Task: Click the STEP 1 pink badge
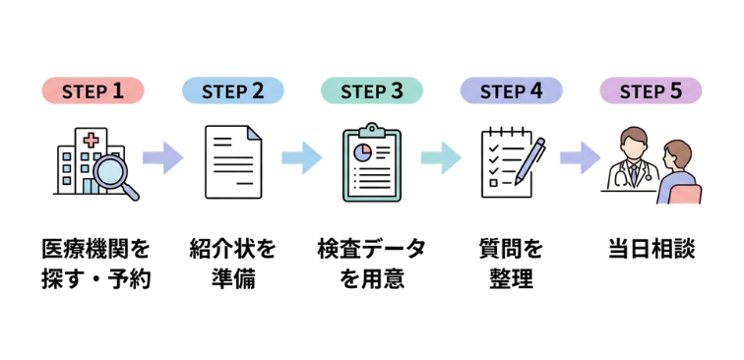click(93, 91)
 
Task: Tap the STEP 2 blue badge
click(232, 91)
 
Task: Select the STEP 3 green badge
click(371, 91)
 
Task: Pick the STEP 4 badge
click(511, 91)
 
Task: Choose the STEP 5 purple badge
click(651, 91)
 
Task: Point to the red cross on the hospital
click(92, 140)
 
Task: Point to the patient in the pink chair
click(678, 173)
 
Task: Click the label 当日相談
click(651, 249)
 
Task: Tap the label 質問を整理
click(511, 264)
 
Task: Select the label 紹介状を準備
click(232, 264)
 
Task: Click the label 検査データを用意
click(371, 264)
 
